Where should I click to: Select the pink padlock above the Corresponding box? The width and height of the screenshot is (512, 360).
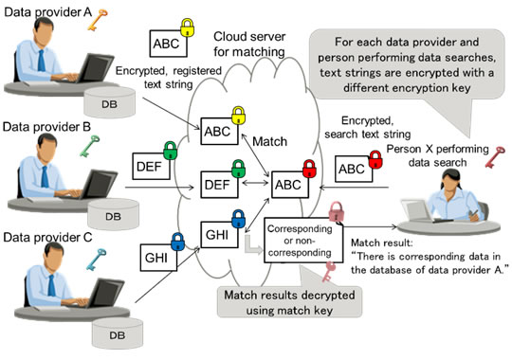pyautogui.click(x=335, y=210)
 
